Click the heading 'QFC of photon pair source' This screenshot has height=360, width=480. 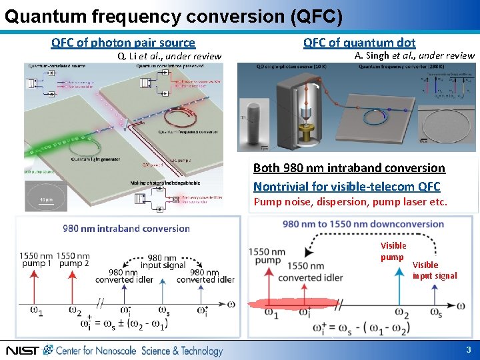pyautogui.click(x=123, y=43)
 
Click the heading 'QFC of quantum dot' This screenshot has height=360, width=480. pyautogui.click(x=359, y=43)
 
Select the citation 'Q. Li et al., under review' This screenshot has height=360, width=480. pyautogui.click(x=169, y=56)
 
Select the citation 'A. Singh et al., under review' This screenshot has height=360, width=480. pyautogui.click(x=415, y=55)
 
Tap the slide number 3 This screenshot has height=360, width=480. pyautogui.click(x=469, y=350)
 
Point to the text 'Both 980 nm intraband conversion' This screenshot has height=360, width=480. pyautogui.click(x=349, y=168)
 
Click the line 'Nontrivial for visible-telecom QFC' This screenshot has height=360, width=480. pyautogui.click(x=347, y=186)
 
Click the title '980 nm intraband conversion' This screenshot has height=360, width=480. pyautogui.click(x=127, y=229)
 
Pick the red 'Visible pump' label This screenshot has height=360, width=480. pyautogui.click(x=393, y=251)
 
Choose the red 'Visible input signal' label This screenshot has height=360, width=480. pyautogui.click(x=435, y=270)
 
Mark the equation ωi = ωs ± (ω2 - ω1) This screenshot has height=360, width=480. pyautogui.click(x=125, y=324)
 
